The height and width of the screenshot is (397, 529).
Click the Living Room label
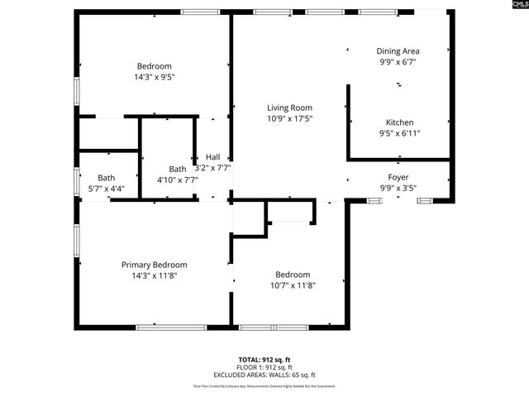pos(289,108)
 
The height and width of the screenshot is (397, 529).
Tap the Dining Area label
pos(398,50)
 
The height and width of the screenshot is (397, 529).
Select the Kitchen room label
pos(400,122)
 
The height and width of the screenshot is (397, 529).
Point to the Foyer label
pos(398,177)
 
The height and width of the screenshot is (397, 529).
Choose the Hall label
pos(213,156)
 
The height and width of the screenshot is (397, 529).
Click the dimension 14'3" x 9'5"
pos(154,77)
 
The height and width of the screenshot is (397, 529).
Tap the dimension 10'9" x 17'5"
pos(289,118)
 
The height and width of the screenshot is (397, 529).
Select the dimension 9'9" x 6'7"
pos(398,61)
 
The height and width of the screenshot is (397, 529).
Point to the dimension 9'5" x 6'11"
pos(400,133)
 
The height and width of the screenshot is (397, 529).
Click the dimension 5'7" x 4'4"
pos(107,189)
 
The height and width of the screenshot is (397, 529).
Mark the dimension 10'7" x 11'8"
pos(293,285)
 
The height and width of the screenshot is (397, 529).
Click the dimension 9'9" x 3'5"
pos(398,188)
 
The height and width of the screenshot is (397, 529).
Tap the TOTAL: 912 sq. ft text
pos(264,360)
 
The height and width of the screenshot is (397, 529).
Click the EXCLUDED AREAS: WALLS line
pos(264,375)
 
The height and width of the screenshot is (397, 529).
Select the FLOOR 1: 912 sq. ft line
pos(264,367)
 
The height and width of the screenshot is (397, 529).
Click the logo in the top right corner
pos(513,7)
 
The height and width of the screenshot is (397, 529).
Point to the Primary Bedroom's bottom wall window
pos(171,328)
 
